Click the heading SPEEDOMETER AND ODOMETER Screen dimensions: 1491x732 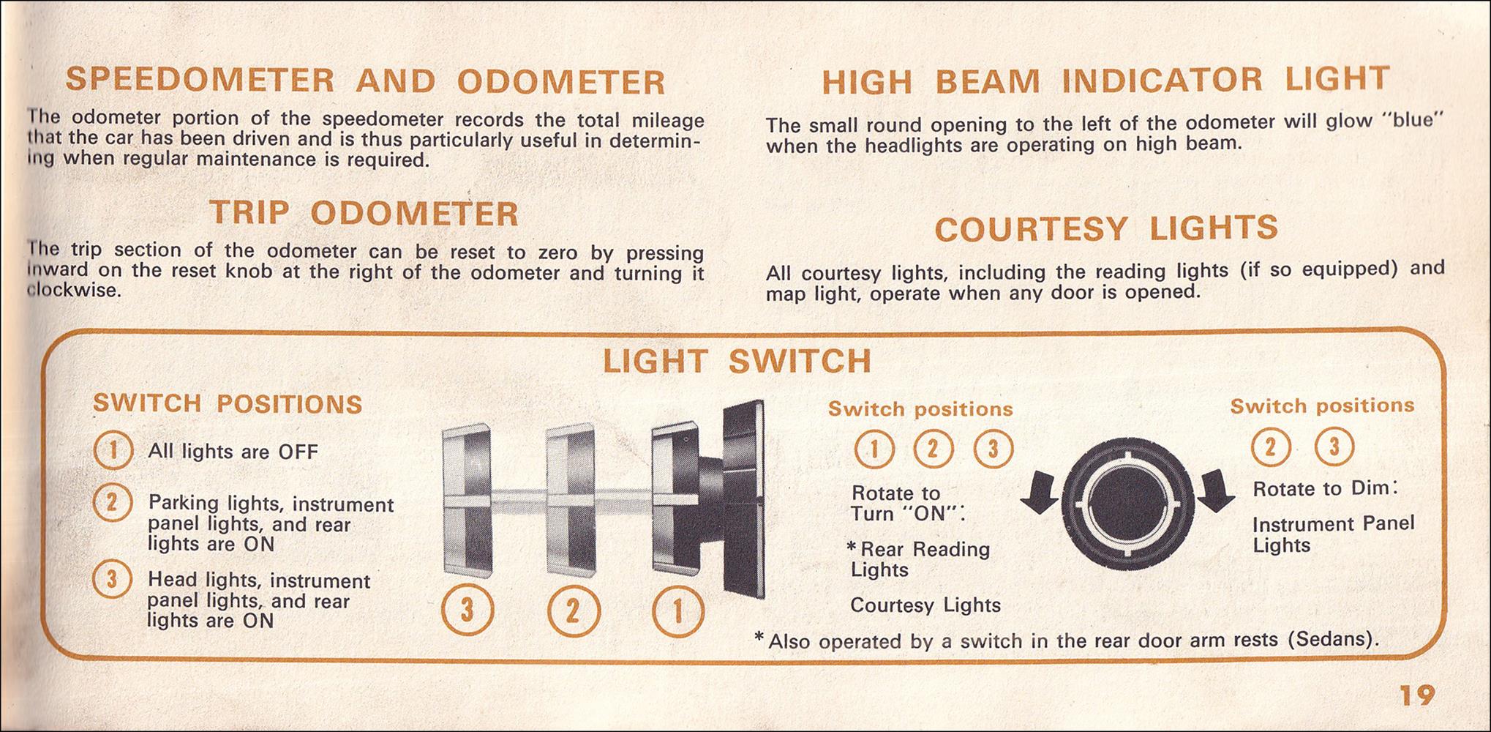(366, 81)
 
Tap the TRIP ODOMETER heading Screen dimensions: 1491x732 (364, 214)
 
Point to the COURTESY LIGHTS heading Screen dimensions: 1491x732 (1106, 229)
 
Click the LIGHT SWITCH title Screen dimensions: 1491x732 (737, 362)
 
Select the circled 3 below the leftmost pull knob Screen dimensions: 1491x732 (468, 611)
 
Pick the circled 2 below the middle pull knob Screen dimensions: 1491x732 (574, 611)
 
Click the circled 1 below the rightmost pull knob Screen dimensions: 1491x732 (678, 611)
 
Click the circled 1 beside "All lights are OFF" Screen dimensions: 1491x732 (113, 451)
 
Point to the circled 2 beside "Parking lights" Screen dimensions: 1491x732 (113, 504)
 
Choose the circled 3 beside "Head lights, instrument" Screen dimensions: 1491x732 (112, 580)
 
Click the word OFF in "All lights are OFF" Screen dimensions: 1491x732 (298, 452)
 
